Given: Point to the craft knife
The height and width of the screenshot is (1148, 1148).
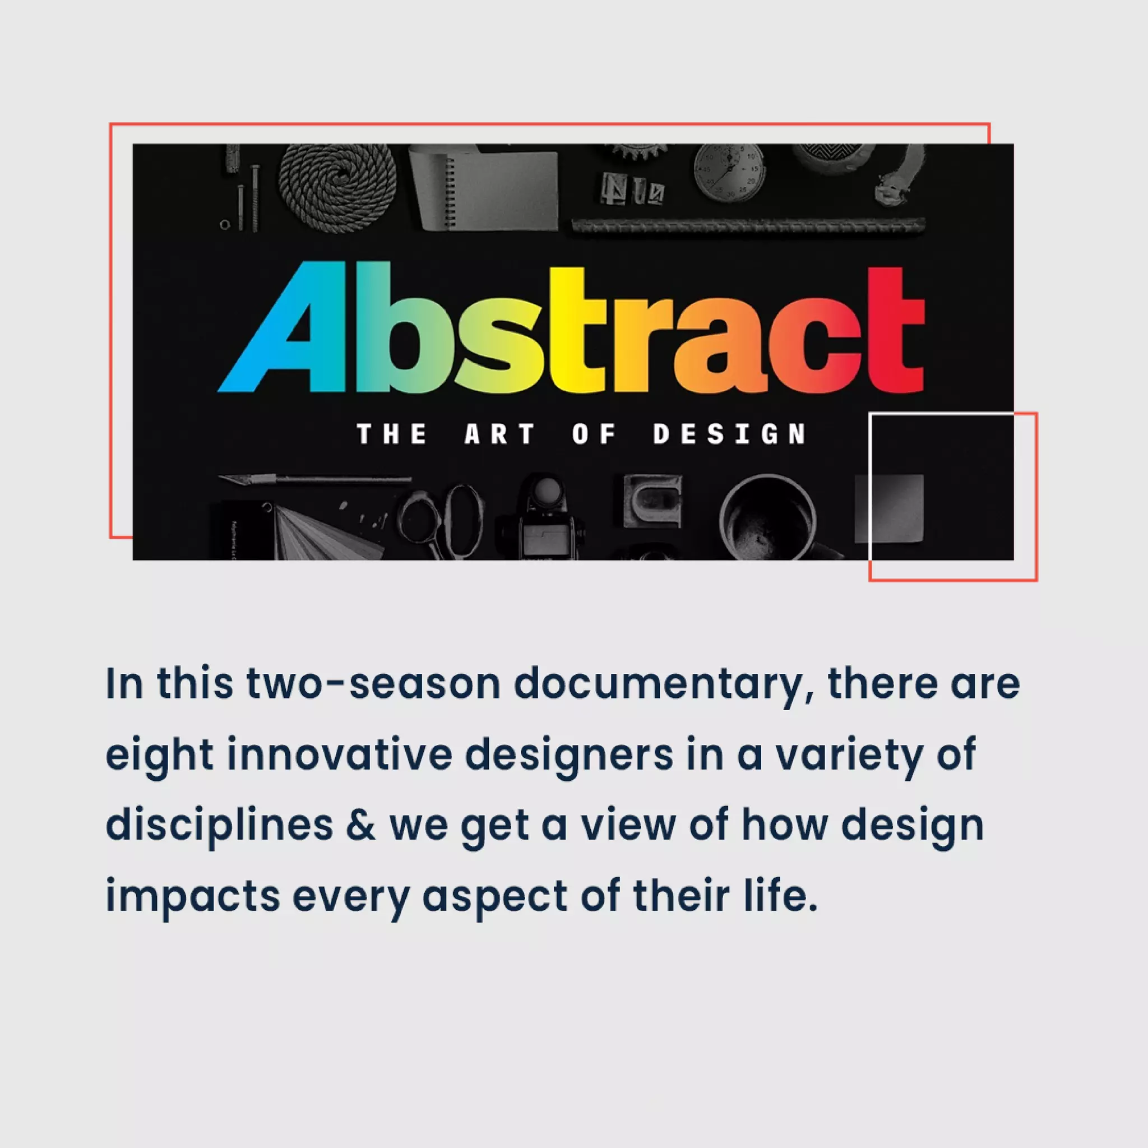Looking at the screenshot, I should pyautogui.click(x=315, y=479).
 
